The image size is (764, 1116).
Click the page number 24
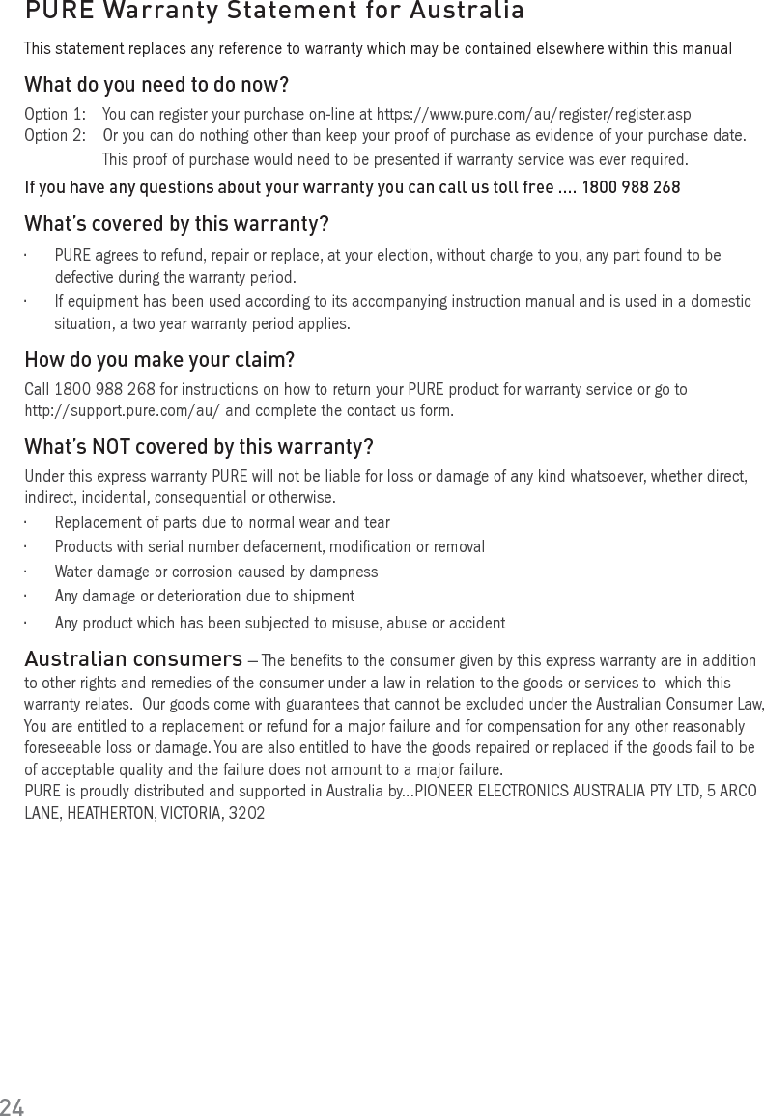[12, 1106]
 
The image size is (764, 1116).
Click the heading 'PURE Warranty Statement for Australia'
[274, 12]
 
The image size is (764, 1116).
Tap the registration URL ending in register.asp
[533, 115]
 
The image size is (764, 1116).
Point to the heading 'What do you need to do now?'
[156, 85]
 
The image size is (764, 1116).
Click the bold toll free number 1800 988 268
[631, 187]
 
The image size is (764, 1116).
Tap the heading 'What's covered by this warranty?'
[176, 224]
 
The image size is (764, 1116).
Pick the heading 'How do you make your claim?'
[159, 360]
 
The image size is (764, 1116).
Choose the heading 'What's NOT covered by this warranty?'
[199, 447]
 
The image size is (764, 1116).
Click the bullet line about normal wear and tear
[222, 522]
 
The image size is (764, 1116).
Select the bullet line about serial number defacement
[269, 547]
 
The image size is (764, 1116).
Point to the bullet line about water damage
[216, 572]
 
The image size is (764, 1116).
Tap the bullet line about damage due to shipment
[205, 597]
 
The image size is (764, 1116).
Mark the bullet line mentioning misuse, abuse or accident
[280, 623]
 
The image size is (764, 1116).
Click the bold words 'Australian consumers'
[133, 659]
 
